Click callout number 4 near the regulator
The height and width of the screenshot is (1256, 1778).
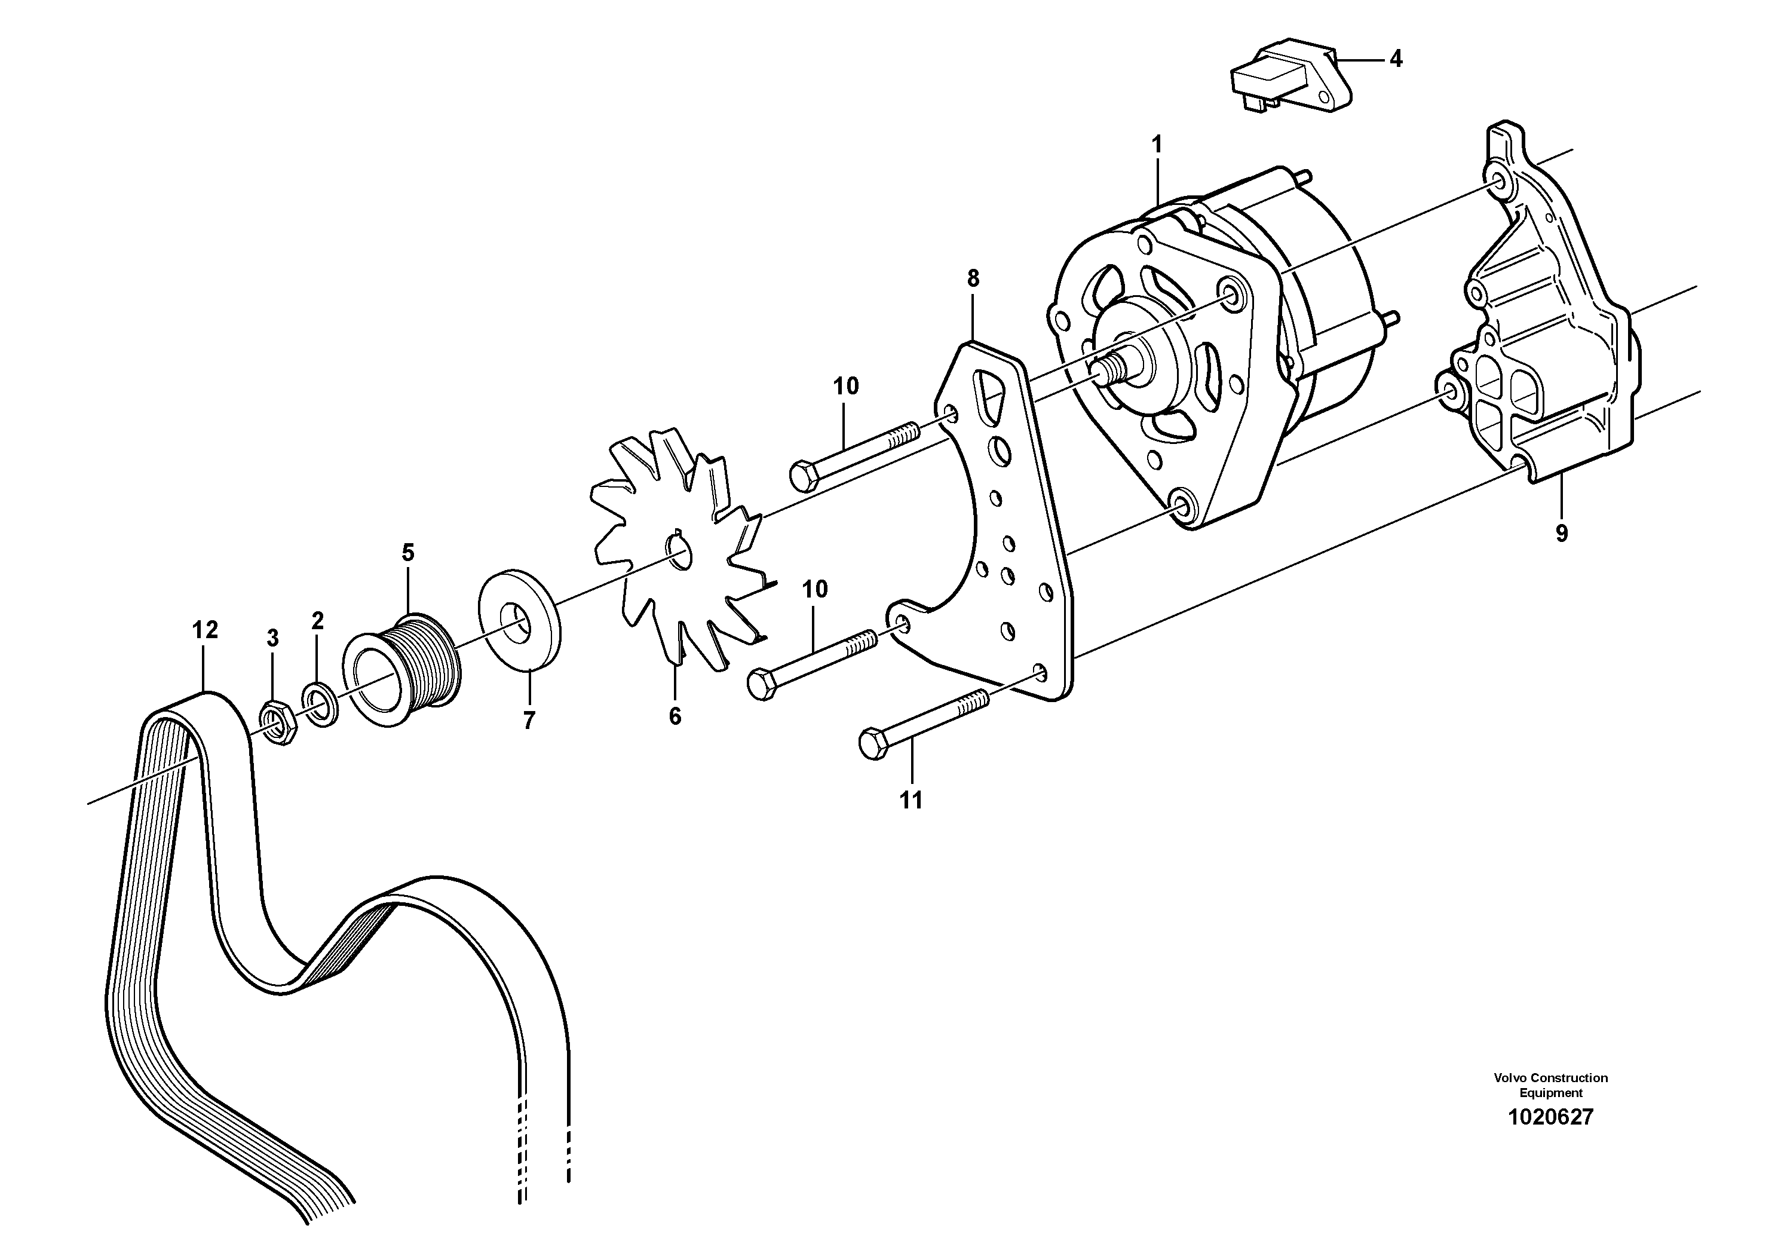pyautogui.click(x=1396, y=59)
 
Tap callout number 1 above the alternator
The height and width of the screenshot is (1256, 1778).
pyautogui.click(x=1158, y=145)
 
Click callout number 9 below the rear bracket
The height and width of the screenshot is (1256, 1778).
pyautogui.click(x=1561, y=534)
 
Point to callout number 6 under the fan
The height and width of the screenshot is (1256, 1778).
pyautogui.click(x=675, y=717)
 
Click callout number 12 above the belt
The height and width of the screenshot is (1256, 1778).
pyautogui.click(x=204, y=630)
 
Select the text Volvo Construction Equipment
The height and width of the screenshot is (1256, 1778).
pyautogui.click(x=1550, y=1086)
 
